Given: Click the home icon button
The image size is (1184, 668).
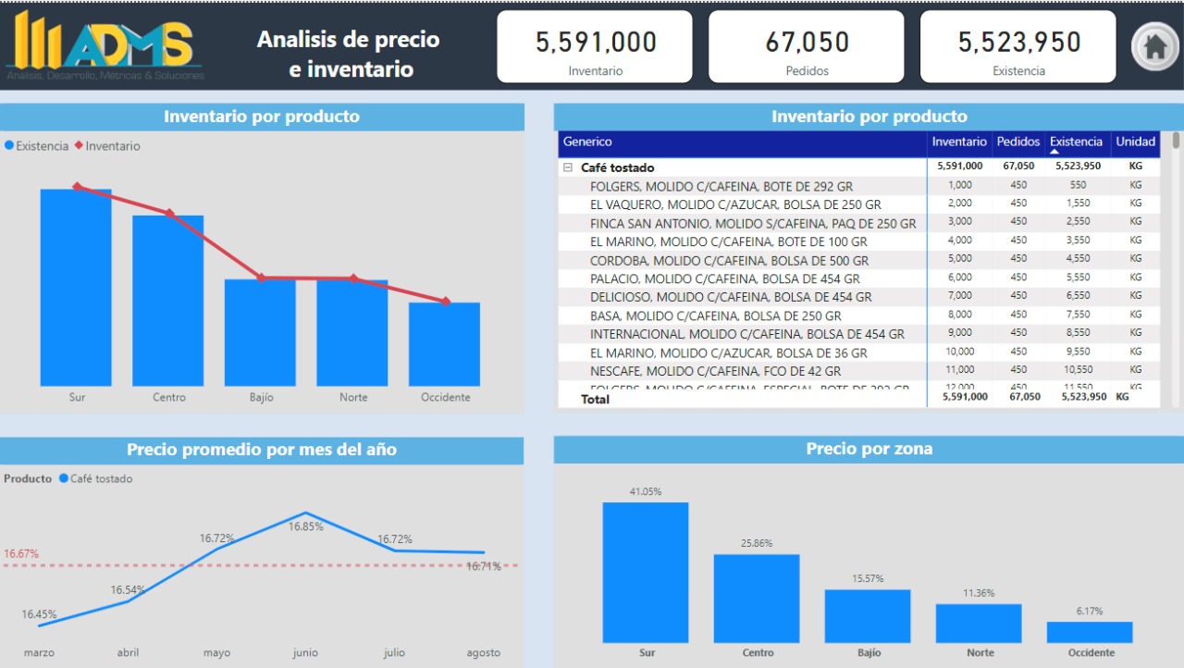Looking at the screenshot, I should click(x=1154, y=46).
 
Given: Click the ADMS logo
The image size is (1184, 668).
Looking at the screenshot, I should click(x=105, y=45).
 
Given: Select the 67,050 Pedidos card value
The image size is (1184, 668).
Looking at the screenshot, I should click(x=807, y=43).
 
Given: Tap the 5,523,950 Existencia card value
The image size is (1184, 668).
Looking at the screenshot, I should click(x=1018, y=43).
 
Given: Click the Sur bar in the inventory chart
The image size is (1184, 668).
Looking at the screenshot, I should click(x=76, y=287).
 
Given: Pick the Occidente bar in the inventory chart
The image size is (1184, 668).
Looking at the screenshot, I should click(x=444, y=343).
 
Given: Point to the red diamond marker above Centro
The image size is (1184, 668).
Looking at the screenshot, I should click(x=169, y=213).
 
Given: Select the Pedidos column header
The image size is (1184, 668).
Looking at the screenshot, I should click(x=1017, y=142).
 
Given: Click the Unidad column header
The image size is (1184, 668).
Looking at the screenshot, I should click(x=1135, y=142).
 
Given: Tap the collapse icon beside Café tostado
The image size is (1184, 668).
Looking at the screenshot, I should click(x=568, y=167).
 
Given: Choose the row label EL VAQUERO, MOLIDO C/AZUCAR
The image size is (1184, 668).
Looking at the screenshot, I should click(x=735, y=204).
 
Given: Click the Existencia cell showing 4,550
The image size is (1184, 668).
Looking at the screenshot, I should click(x=1078, y=259).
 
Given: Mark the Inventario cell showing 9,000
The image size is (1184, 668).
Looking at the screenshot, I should click(x=960, y=333).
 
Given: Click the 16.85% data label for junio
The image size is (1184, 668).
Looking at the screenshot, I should click(x=305, y=526).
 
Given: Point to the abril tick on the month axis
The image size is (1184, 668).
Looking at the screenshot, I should click(x=128, y=653).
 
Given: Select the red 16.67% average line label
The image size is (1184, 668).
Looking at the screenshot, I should click(x=21, y=554).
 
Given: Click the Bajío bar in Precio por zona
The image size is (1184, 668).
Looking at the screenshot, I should click(x=868, y=615).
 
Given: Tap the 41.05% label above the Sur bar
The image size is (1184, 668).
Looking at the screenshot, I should click(x=646, y=492).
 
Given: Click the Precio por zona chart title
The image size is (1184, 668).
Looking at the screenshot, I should click(x=869, y=450).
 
